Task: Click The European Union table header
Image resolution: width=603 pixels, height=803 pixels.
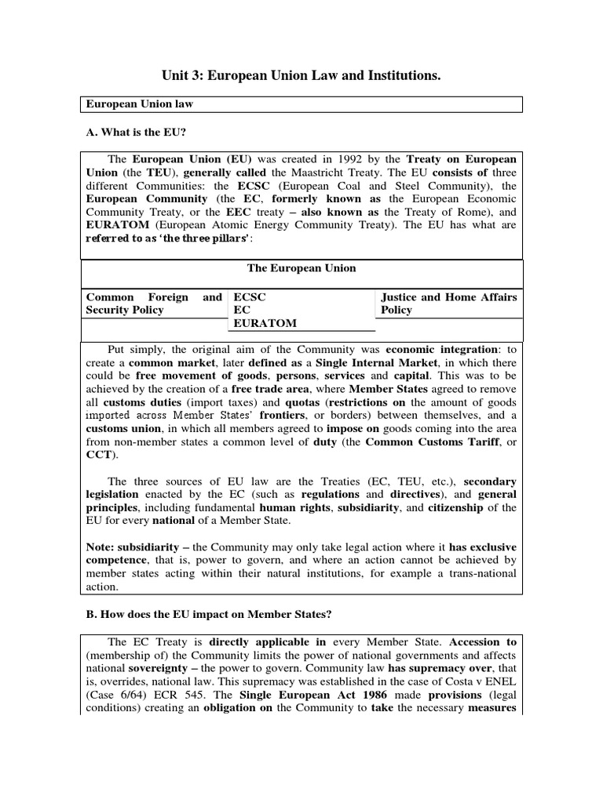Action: (x=301, y=268)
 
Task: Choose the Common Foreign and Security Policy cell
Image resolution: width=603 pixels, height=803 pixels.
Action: (x=154, y=303)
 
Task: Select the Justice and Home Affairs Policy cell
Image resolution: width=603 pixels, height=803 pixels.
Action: (x=448, y=303)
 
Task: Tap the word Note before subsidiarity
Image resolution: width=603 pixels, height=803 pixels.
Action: (x=100, y=546)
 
